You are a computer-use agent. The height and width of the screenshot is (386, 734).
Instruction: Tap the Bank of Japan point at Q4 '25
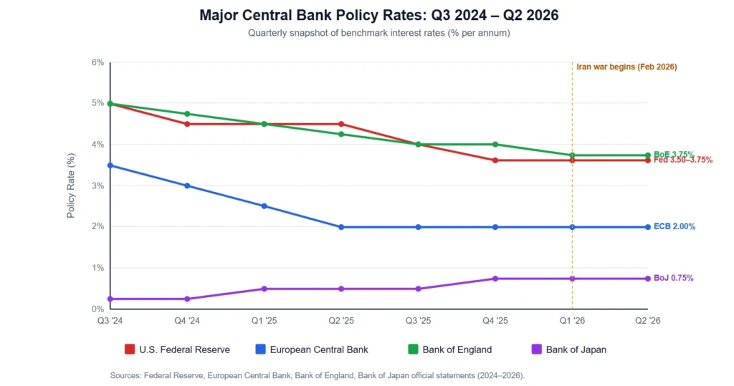[x=495, y=279]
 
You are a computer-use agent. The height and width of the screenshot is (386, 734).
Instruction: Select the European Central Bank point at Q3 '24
[x=110, y=165]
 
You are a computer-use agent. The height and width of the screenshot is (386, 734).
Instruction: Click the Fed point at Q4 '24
[x=187, y=124]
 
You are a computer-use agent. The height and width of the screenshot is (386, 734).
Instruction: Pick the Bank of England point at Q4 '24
[x=187, y=114]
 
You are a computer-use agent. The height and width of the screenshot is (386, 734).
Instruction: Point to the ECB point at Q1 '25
[x=264, y=206]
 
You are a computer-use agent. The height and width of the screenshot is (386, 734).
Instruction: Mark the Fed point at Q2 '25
[x=341, y=124]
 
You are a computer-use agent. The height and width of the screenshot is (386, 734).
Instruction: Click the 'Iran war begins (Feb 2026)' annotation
[x=626, y=67]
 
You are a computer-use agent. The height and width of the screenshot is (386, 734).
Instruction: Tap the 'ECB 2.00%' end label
[x=675, y=227]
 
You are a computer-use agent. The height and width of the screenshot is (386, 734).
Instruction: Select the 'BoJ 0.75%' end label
[x=674, y=278]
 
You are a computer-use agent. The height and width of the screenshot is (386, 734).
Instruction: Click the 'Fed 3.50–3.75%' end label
[x=683, y=160]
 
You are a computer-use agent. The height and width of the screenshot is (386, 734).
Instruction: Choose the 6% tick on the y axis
[x=97, y=62]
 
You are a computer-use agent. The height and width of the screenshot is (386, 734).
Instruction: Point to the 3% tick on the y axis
[x=97, y=185]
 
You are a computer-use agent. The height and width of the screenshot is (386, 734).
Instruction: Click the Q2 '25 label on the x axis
[x=341, y=322]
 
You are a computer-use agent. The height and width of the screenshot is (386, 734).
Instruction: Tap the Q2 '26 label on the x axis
[x=648, y=322]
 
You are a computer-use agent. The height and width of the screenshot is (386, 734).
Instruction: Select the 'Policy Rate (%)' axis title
[x=71, y=185]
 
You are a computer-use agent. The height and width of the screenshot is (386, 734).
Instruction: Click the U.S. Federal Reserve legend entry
[x=177, y=349]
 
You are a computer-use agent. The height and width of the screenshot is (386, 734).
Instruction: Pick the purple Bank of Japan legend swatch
[x=536, y=349]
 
